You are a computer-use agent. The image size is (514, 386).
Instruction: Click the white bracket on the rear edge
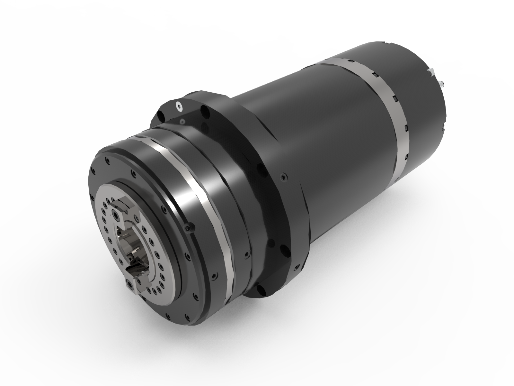tap(431, 72)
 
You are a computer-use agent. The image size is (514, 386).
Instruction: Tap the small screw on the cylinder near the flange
tap(282, 176)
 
